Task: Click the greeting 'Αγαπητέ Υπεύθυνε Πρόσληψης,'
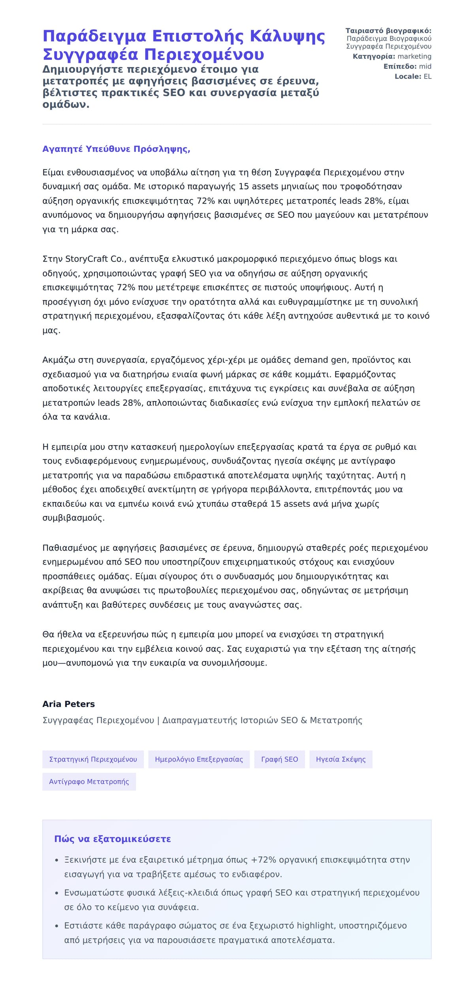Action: click(116, 149)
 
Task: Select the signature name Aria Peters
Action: click(68, 704)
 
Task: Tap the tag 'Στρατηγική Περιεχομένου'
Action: click(93, 759)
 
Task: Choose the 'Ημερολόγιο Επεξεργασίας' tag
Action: click(199, 759)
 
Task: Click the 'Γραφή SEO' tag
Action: click(279, 759)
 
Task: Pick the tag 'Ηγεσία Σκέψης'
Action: click(340, 759)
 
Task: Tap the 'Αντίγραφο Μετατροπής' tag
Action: click(89, 781)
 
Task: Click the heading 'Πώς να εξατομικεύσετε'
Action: click(113, 839)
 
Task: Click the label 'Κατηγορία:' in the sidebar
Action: click(374, 57)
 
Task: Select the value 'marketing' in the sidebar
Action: click(414, 57)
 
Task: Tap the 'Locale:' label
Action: click(408, 77)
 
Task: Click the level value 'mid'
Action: click(425, 66)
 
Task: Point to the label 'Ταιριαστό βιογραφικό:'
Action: click(388, 31)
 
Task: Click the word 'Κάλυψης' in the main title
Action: click(287, 36)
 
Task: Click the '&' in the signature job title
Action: click(304, 720)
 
